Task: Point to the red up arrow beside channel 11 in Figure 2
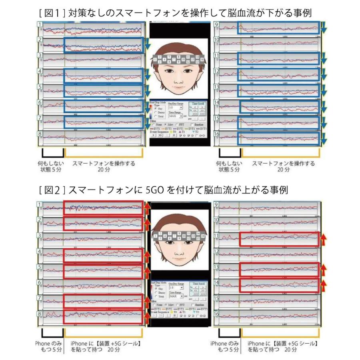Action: click(x=323, y=239)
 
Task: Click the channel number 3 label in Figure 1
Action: click(x=40, y=55)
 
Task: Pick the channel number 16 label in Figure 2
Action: click(x=216, y=314)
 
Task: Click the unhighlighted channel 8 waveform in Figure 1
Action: click(x=92, y=138)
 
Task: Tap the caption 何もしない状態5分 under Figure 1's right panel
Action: click(x=229, y=166)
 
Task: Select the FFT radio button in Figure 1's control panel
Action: click(x=175, y=125)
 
